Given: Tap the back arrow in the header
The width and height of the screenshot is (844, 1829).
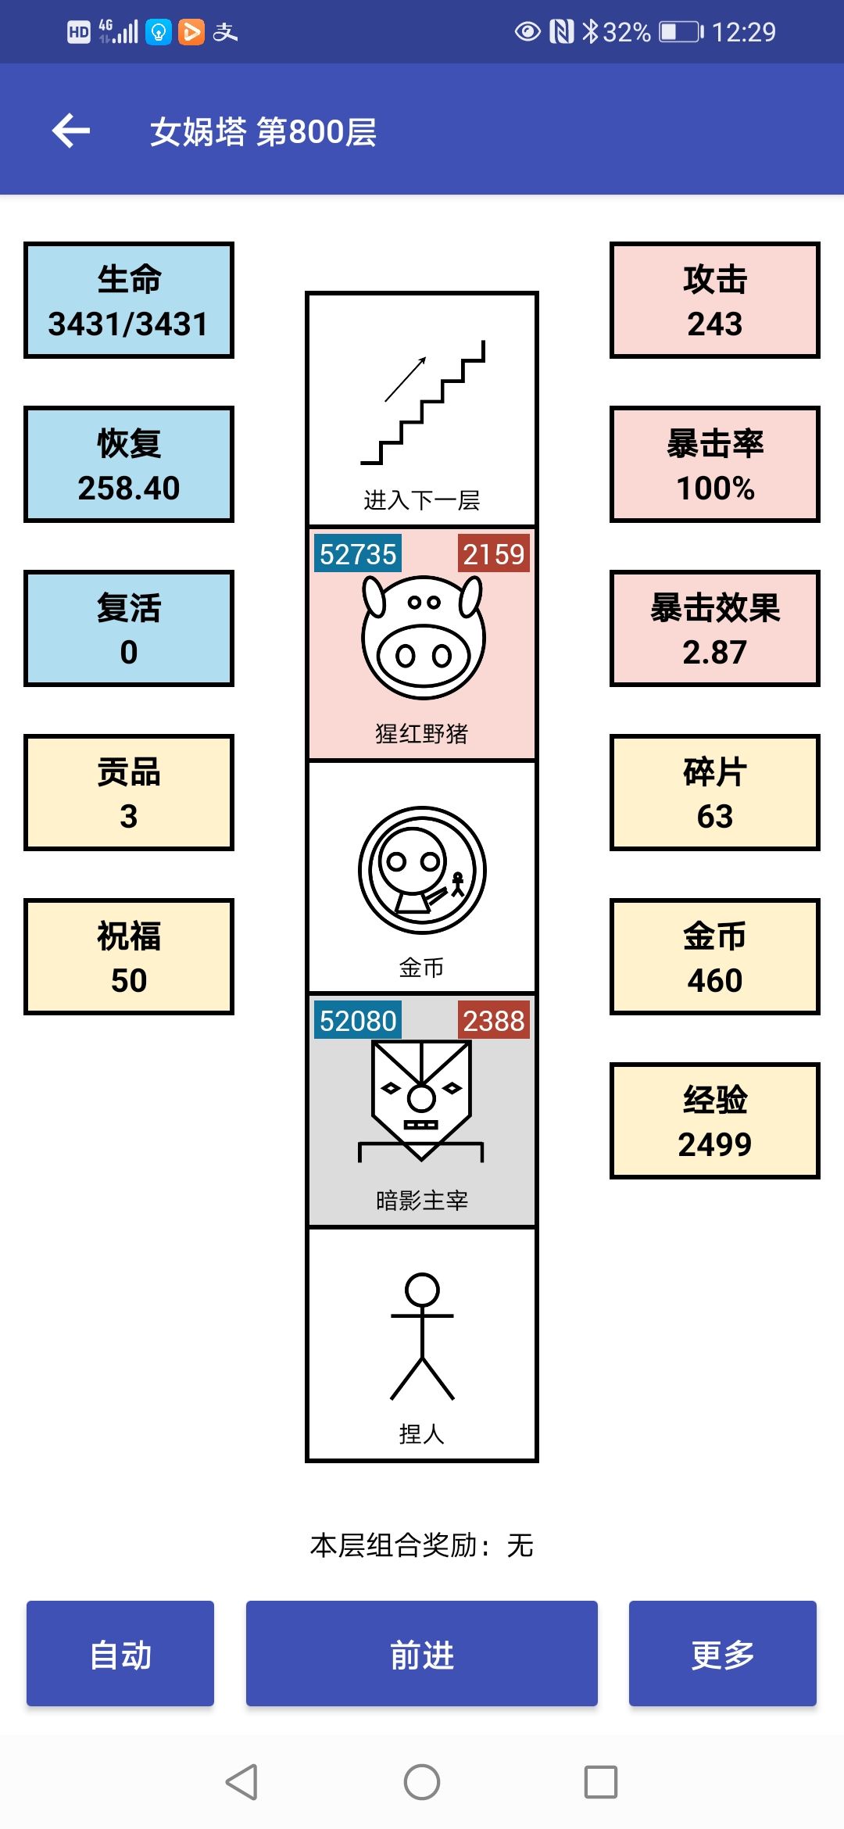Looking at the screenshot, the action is pos(71,131).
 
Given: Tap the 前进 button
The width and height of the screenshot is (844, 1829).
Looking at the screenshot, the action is pos(422,1653).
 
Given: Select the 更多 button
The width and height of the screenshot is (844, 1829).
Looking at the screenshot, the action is pos(723,1653).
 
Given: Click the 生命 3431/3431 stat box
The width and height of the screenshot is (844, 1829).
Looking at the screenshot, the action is pos(129,300).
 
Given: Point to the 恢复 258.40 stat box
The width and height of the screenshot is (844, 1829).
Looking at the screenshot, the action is pos(129,464).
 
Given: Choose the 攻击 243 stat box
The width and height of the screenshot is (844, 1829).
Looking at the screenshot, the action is pos(715,300).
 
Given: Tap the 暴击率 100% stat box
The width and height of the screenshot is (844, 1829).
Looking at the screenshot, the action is pos(715,464).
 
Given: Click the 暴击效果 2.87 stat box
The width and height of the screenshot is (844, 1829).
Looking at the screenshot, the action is pos(715,628).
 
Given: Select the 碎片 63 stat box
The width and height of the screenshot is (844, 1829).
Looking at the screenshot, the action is pos(715,793).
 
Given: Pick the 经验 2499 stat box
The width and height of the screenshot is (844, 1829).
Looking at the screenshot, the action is pos(715,1121).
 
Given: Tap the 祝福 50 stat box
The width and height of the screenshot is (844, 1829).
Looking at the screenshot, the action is pos(129,957).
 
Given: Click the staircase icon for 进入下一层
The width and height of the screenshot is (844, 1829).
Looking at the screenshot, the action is pos(423,403).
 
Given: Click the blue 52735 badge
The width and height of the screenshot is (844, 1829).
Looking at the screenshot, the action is pos(358,553).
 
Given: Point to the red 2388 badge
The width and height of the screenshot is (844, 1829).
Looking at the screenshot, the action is pos(493,1020).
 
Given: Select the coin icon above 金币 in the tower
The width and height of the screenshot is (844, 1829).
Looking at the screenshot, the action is pos(423,870).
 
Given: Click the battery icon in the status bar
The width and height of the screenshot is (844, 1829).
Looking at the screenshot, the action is pos(681,32).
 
